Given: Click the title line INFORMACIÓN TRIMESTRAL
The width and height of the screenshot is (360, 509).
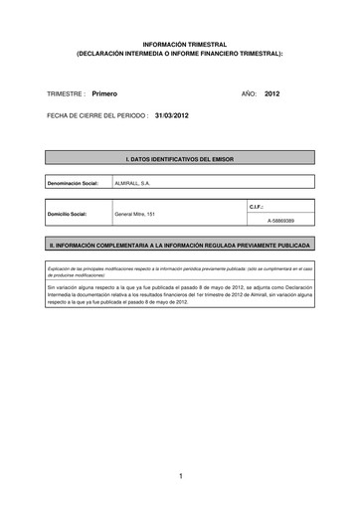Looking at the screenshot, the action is pyautogui.click(x=180, y=45).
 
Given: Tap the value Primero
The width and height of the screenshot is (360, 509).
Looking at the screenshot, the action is pyautogui.click(x=104, y=92).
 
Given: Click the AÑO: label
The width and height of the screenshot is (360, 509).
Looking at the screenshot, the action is pyautogui.click(x=250, y=92).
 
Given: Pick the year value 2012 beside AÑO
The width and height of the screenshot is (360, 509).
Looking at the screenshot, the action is pyautogui.click(x=273, y=92).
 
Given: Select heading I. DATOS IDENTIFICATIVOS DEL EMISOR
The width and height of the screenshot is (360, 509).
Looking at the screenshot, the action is pyautogui.click(x=180, y=158).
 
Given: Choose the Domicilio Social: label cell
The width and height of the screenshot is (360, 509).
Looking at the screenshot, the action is pyautogui.click(x=69, y=214).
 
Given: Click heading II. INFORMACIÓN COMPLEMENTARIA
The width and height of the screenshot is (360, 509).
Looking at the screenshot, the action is pyautogui.click(x=180, y=244).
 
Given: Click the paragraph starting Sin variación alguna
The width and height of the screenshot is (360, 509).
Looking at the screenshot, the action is pyautogui.click(x=180, y=290).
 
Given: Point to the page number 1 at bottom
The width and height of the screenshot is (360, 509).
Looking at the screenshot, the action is pyautogui.click(x=180, y=478).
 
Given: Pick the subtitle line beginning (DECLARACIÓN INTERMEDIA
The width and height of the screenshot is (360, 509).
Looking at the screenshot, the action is pyautogui.click(x=180, y=54).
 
